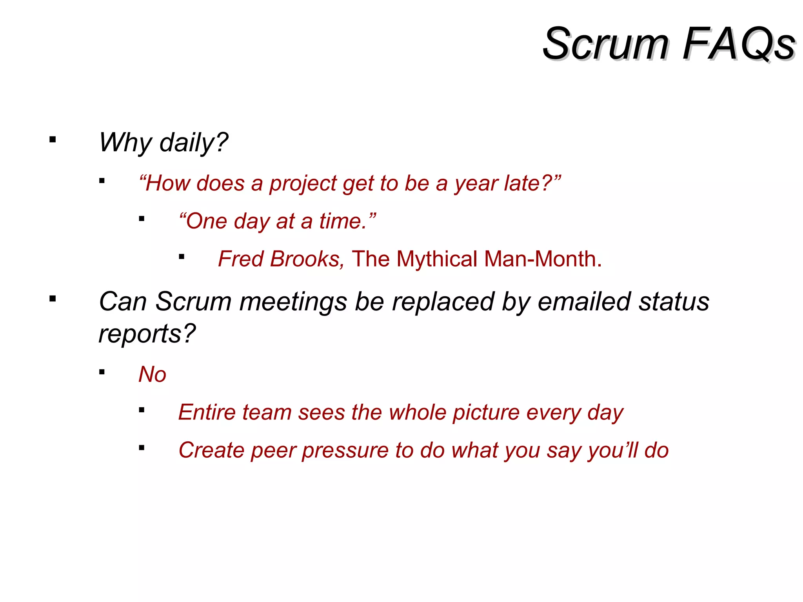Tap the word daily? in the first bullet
click(x=194, y=143)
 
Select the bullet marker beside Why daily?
click(x=53, y=140)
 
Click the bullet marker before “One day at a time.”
click(x=142, y=219)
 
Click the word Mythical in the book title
click(x=437, y=259)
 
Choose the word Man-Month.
click(x=543, y=259)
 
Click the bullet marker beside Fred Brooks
click(x=181, y=257)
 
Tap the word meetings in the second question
click(x=293, y=302)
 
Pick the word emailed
click(x=584, y=302)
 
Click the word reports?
click(x=147, y=334)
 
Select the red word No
click(x=152, y=374)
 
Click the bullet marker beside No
click(x=102, y=372)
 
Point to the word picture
click(x=486, y=413)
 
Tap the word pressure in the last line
click(x=345, y=450)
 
